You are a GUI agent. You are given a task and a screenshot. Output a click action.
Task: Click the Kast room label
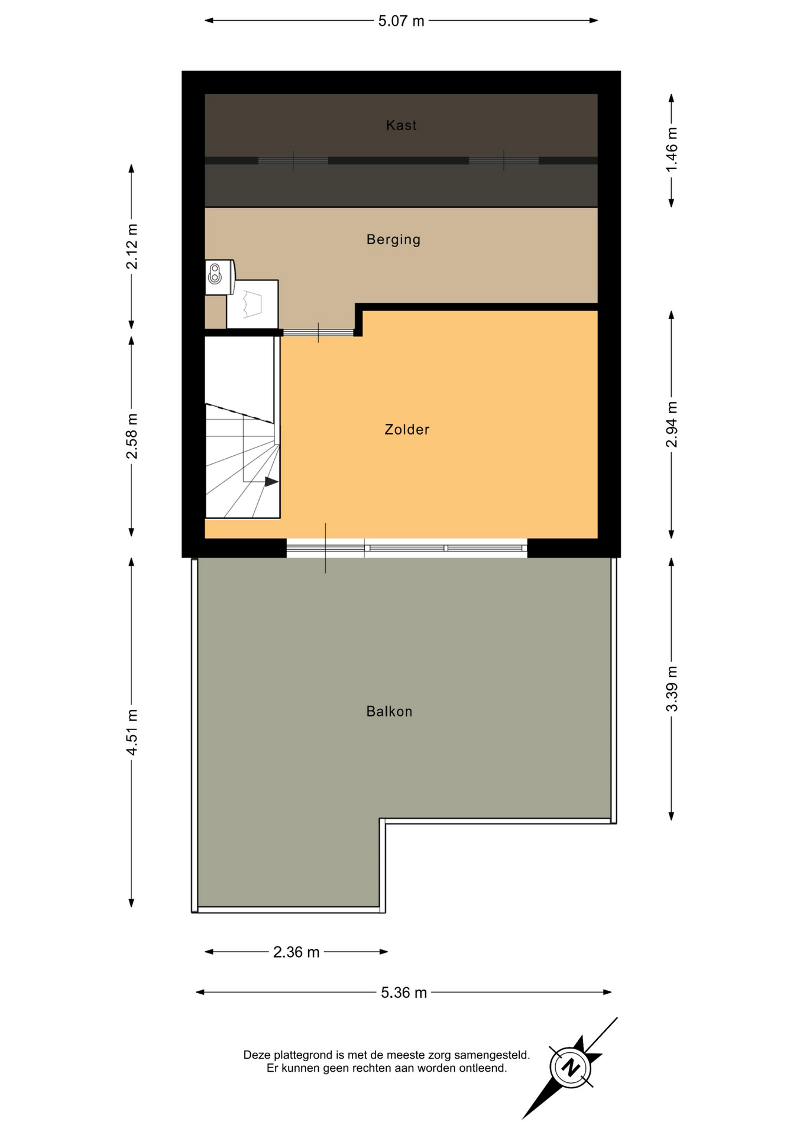tap(401, 125)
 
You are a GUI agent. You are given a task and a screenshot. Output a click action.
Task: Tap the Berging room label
tap(393, 239)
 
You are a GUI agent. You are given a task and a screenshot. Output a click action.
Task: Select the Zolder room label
tap(407, 429)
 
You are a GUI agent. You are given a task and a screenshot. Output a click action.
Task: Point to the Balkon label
tap(389, 711)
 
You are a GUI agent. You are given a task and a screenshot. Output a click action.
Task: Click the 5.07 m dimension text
tap(401, 21)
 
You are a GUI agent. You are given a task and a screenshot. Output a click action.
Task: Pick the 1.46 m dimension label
tap(672, 150)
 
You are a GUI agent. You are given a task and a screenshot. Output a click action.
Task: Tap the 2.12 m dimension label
tap(132, 247)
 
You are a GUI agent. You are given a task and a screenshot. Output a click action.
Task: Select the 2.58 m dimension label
tap(132, 436)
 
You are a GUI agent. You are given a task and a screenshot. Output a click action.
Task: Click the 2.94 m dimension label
tap(672, 424)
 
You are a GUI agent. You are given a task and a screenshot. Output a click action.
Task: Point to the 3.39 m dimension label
tap(672, 689)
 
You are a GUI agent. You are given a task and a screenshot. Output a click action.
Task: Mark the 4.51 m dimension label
tap(132, 732)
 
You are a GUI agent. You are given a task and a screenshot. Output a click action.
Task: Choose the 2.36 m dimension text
tap(296, 952)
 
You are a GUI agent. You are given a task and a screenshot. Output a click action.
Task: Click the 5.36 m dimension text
tap(404, 993)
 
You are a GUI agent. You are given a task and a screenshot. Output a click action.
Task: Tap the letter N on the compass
tap(571, 1068)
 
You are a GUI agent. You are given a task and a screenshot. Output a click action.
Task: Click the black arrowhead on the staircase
tap(271, 482)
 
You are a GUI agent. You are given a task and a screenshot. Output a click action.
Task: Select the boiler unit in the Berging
tap(220, 277)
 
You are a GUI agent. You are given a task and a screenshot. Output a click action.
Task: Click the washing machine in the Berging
tap(252, 304)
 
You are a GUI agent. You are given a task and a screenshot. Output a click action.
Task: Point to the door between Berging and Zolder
tap(318, 333)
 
